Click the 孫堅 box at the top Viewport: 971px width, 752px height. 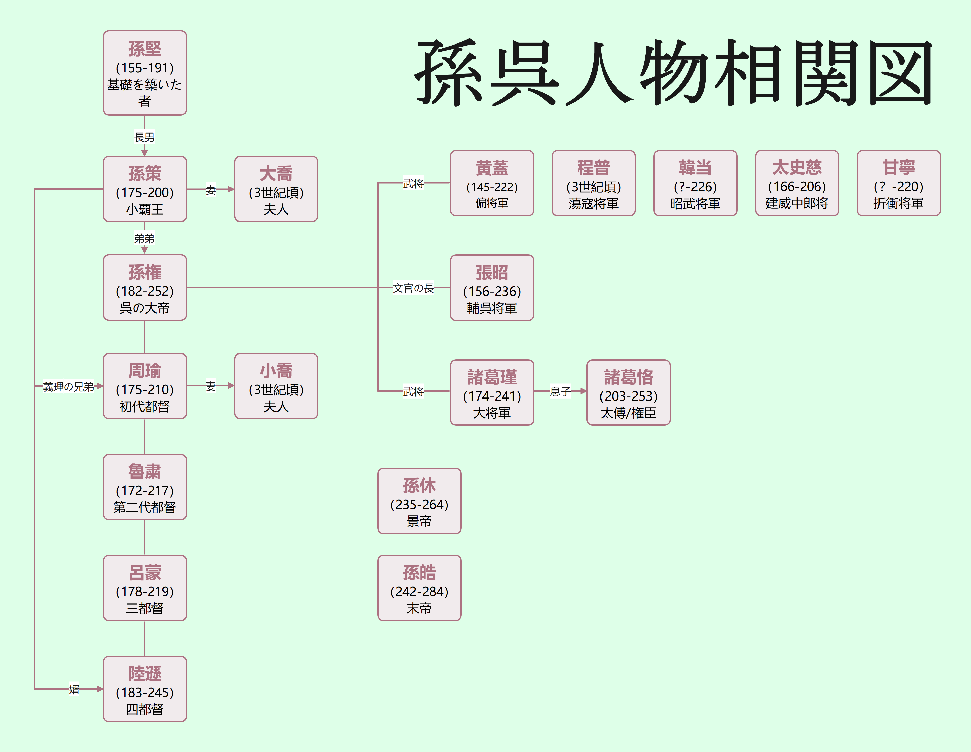(x=145, y=73)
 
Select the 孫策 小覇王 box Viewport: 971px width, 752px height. (x=145, y=189)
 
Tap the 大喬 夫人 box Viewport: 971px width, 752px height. (x=276, y=189)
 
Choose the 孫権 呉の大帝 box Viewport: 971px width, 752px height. (x=145, y=288)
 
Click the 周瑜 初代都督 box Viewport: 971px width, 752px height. (x=145, y=386)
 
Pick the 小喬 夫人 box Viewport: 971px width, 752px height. (x=276, y=386)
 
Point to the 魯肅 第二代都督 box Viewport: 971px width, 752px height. (x=145, y=487)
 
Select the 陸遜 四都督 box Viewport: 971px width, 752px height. (x=145, y=689)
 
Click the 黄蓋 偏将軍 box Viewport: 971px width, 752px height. (x=492, y=183)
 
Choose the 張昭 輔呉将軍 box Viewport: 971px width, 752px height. (x=492, y=288)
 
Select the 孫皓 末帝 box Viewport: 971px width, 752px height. (x=419, y=588)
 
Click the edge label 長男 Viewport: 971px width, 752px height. (x=145, y=138)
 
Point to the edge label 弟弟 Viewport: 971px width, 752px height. (x=145, y=239)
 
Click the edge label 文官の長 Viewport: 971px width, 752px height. (x=413, y=288)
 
